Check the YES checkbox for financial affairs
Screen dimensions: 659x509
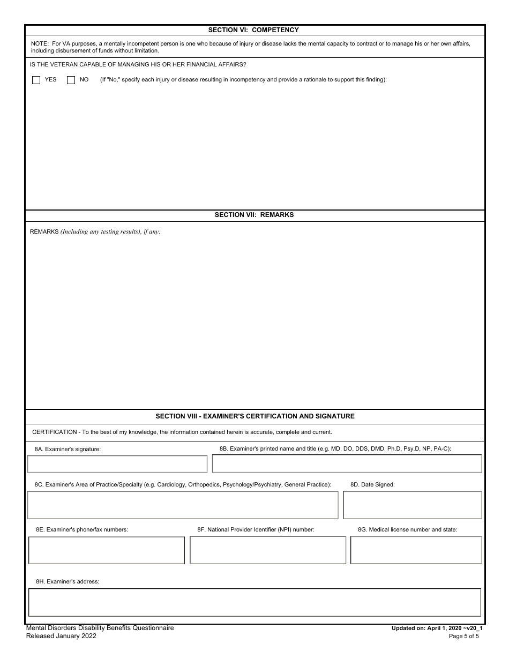(x=36, y=80)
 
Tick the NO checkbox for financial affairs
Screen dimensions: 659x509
(x=71, y=80)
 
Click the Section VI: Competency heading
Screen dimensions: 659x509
(x=253, y=30)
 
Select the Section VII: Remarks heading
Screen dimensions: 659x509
(x=254, y=215)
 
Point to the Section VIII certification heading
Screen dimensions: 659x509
(x=255, y=416)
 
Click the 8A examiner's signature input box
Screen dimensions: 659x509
(x=117, y=464)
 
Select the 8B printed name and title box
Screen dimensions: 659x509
(x=347, y=464)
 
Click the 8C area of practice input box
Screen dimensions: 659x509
(x=183, y=505)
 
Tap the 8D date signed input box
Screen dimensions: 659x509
(x=412, y=505)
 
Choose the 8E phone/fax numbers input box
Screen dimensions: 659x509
(x=107, y=550)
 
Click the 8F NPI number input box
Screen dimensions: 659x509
(x=268, y=550)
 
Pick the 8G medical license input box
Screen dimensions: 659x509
(x=416, y=550)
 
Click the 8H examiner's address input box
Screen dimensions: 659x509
(x=254, y=603)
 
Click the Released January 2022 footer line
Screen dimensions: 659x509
(x=61, y=636)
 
